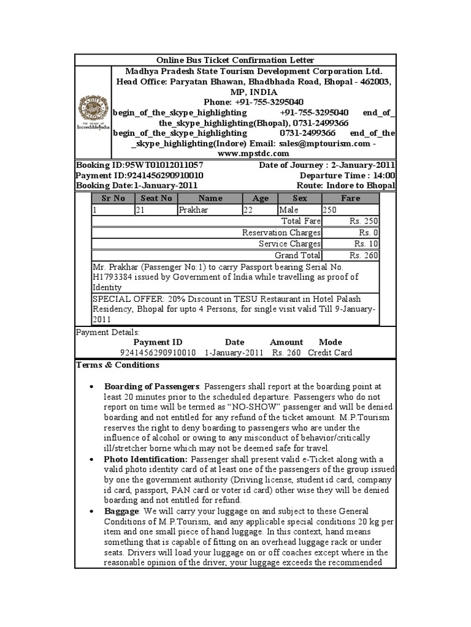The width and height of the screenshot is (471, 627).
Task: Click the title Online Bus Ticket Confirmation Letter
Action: (x=235, y=60)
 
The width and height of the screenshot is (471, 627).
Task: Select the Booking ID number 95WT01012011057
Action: (x=164, y=165)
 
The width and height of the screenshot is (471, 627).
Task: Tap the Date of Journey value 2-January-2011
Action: (x=362, y=165)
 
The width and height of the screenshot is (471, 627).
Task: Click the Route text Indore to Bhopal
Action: (x=361, y=186)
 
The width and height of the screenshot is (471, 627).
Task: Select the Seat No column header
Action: (x=156, y=198)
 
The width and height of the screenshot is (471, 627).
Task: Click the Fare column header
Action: (x=350, y=198)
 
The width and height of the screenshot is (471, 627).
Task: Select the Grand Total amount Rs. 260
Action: (x=363, y=255)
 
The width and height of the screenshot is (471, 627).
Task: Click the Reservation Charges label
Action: (x=281, y=233)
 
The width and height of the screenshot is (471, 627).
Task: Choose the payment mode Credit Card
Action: (x=330, y=353)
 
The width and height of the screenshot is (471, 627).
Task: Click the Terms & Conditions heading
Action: (x=117, y=365)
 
